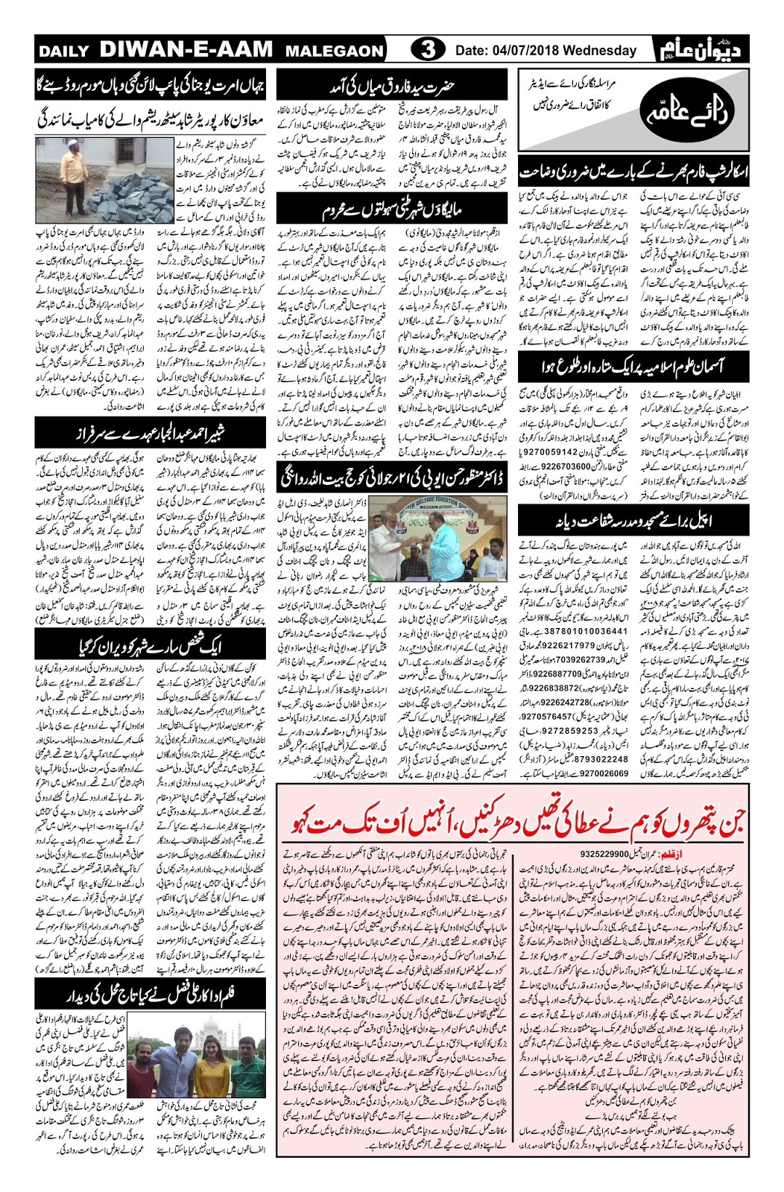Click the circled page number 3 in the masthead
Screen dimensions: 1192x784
pos(428,50)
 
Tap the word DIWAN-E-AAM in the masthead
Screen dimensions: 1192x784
pos(186,50)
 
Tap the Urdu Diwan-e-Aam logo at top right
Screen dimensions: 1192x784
pos(703,49)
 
